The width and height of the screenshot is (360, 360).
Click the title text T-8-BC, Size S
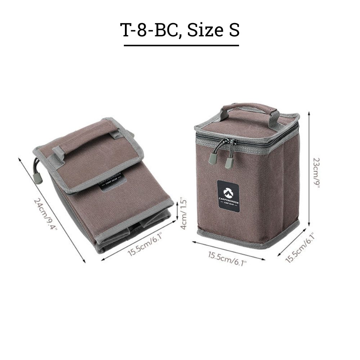[180, 30]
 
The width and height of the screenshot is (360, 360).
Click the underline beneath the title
[181, 45]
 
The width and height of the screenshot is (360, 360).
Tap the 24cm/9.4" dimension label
[45, 215]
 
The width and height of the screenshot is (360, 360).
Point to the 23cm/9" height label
[316, 173]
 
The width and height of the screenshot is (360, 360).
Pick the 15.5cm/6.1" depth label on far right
[300, 247]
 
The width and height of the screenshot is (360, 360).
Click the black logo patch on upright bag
[229, 195]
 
